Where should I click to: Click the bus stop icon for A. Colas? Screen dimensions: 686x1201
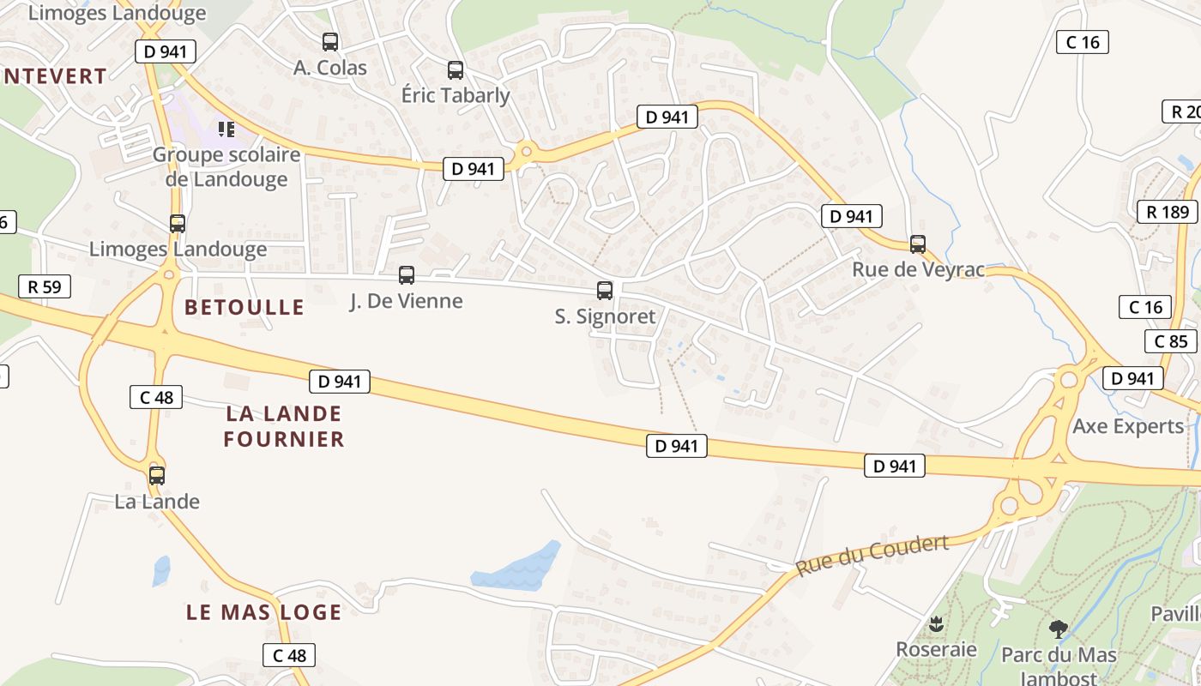point(330,41)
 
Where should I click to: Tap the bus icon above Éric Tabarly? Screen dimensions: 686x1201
point(456,70)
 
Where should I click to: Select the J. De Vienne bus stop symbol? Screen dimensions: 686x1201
point(407,275)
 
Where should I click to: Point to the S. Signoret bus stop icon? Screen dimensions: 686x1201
point(605,291)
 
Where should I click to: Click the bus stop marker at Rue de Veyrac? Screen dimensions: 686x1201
point(918,244)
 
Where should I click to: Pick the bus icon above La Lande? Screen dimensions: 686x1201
point(157,475)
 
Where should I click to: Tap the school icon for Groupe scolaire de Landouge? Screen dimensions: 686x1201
point(226,129)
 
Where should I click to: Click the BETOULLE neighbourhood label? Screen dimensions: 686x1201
point(244,307)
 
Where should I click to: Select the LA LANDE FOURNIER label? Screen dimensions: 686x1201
point(283,426)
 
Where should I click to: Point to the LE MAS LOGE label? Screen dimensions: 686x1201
point(264,612)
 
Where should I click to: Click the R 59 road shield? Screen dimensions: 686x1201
point(45,286)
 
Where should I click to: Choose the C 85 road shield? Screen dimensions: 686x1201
point(1170,341)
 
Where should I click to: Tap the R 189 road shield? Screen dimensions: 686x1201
point(1167,212)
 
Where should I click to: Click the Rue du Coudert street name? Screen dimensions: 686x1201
point(872,556)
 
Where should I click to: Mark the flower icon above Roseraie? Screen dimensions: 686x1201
point(935,623)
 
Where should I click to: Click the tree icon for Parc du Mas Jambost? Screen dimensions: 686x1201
point(1059,629)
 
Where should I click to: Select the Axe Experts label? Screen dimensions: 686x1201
point(1127,426)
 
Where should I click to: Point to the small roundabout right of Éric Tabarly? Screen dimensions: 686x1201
point(527,152)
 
